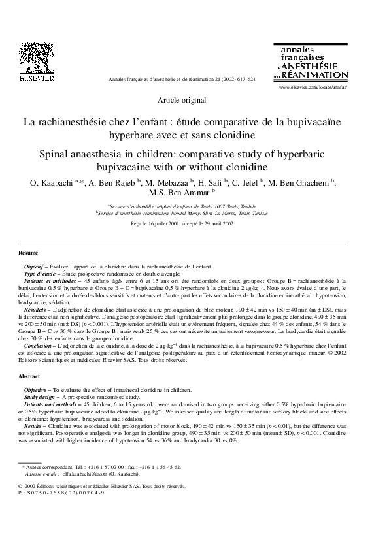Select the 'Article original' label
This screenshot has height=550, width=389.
coord(182,100)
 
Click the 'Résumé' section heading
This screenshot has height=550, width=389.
coord(28,252)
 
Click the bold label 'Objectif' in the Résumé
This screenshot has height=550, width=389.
coord(35,267)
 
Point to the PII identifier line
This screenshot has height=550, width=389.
coord(60,493)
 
